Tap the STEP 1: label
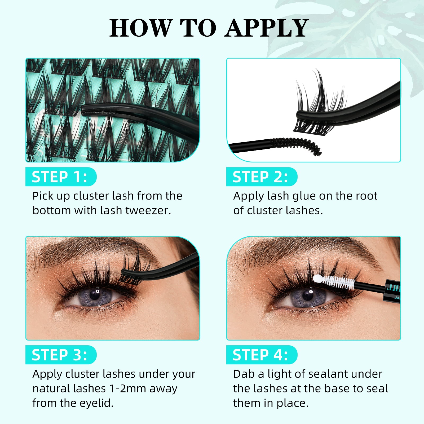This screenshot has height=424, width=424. [x=60, y=177]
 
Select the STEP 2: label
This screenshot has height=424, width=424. [x=260, y=177]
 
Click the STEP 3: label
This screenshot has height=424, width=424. [x=60, y=355]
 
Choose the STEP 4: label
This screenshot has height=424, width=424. [x=260, y=355]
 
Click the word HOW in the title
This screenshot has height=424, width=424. [x=140, y=28]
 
